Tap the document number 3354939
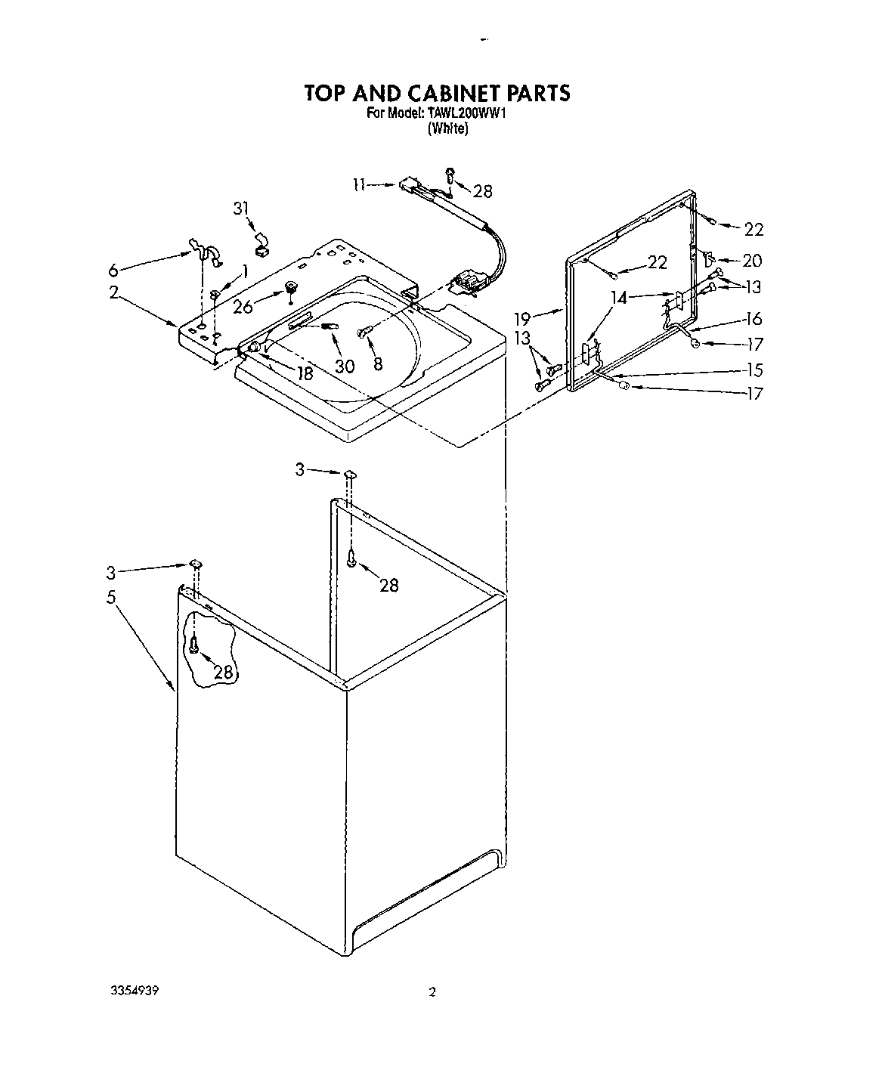(x=137, y=990)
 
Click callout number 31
(x=241, y=209)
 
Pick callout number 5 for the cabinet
(x=111, y=598)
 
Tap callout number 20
(x=751, y=261)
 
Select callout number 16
(x=753, y=319)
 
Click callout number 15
(x=753, y=370)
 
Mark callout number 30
(x=345, y=366)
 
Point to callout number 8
(x=378, y=363)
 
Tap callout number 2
(x=113, y=293)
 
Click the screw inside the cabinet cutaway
(x=195, y=645)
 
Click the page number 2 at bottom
(x=432, y=992)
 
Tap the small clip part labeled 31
(x=261, y=242)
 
